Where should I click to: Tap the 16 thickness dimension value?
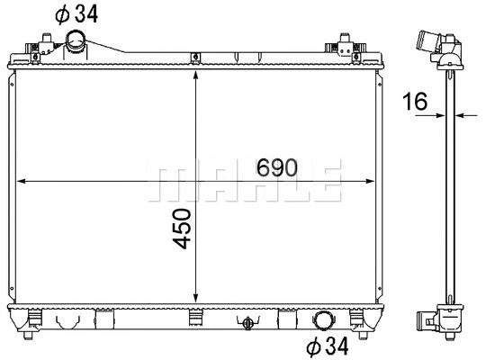tap(415, 102)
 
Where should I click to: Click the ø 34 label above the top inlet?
tap(77, 13)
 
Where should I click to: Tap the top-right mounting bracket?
tap(345, 44)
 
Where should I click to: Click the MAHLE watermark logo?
tap(245, 183)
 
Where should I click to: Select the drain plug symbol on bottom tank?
tap(245, 320)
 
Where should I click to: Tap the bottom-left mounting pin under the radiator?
tap(30, 334)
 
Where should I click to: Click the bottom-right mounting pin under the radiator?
tap(362, 334)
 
